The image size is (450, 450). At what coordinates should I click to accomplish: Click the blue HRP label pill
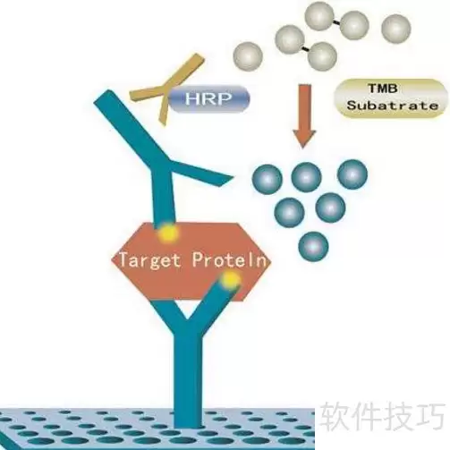(x=209, y=98)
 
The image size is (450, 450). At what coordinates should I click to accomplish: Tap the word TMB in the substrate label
(x=383, y=89)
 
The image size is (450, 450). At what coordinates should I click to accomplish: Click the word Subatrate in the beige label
(x=393, y=106)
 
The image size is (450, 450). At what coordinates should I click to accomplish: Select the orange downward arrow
(x=304, y=115)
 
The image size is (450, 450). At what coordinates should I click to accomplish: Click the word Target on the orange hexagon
(x=150, y=259)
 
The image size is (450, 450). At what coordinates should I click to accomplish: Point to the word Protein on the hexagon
(x=229, y=259)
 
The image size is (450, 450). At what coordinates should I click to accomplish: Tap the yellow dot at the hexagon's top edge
(x=168, y=233)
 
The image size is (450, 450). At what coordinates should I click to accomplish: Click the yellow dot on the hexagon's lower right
(x=230, y=280)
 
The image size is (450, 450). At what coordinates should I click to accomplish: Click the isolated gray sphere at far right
(x=396, y=30)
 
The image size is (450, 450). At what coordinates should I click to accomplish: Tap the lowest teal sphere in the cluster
(x=313, y=246)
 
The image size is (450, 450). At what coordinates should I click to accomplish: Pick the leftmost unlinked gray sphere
(x=248, y=56)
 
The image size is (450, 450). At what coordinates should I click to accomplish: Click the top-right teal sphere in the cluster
(x=352, y=174)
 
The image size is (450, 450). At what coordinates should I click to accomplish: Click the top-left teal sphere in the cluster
(x=267, y=179)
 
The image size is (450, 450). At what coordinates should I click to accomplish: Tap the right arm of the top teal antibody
(x=202, y=172)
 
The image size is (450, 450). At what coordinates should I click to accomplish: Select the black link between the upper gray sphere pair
(x=336, y=22)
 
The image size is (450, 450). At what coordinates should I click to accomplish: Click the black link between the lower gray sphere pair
(x=306, y=48)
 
